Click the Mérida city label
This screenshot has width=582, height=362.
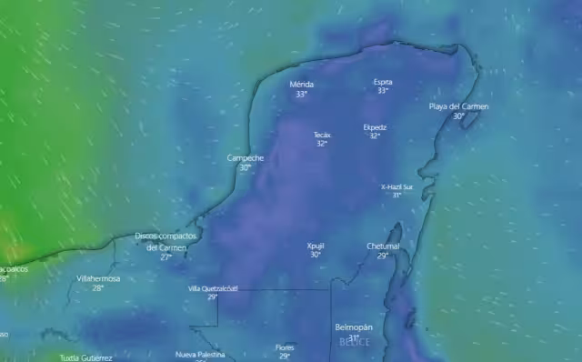(301, 84)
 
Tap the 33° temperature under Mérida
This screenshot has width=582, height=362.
(301, 94)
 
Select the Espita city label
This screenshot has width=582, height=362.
(383, 82)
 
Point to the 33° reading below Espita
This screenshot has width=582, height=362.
(383, 91)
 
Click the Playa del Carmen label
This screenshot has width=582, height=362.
(458, 106)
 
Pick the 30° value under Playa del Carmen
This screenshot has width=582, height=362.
(458, 116)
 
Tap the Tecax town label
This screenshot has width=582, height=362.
(322, 135)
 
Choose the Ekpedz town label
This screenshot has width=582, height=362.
(375, 127)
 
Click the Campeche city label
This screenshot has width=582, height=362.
(246, 157)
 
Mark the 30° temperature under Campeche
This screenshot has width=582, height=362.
(245, 167)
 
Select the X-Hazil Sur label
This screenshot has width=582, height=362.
(396, 186)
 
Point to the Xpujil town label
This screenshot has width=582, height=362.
(316, 246)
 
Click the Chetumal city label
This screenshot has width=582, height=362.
(383, 246)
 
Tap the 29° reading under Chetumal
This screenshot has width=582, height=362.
(382, 256)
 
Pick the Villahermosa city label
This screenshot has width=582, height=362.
(98, 278)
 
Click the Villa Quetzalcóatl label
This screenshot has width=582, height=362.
(213, 288)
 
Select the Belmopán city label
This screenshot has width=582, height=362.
(354, 327)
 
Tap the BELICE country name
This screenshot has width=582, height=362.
(355, 342)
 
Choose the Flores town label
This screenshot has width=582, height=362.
(285, 347)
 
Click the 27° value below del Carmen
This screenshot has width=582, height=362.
(166, 257)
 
